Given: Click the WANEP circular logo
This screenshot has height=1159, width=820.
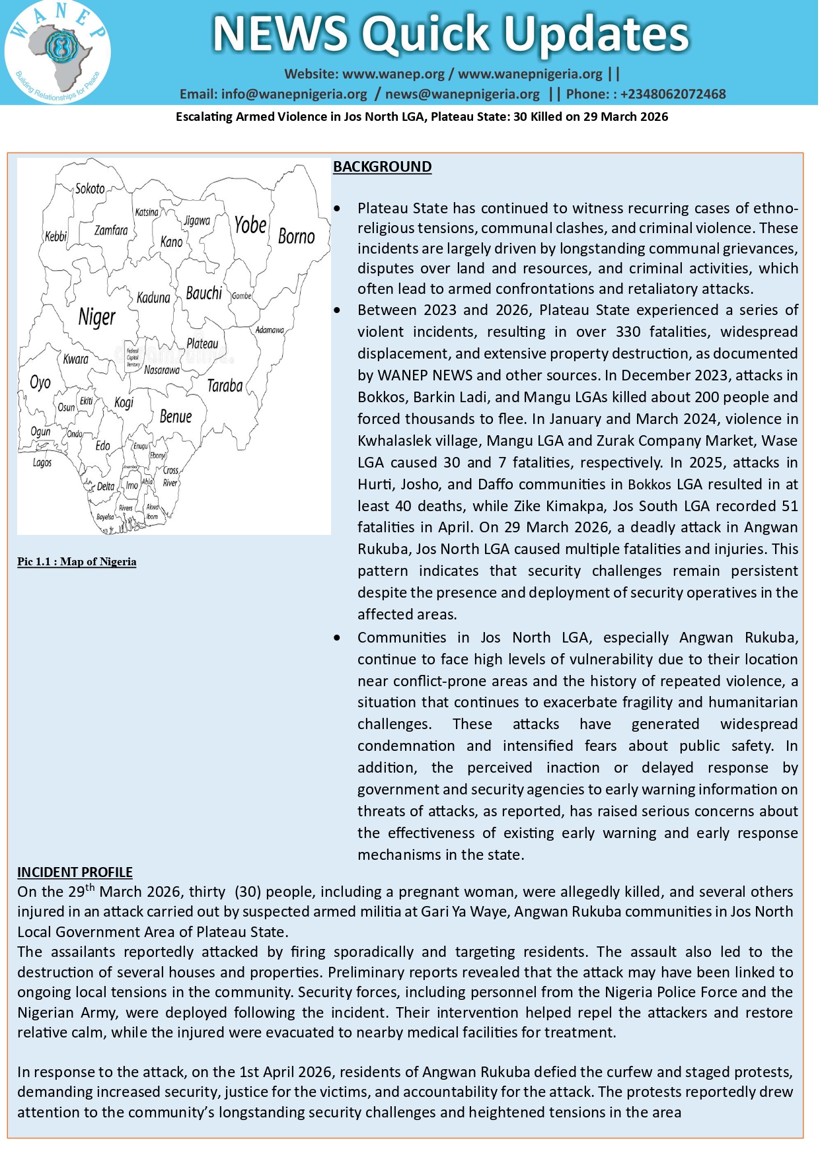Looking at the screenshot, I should click(x=57, y=52).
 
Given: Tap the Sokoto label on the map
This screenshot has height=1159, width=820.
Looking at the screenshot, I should click(x=90, y=189).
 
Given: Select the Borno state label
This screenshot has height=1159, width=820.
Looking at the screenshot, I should click(x=296, y=236).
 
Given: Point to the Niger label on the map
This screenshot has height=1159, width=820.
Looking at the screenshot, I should click(x=96, y=317).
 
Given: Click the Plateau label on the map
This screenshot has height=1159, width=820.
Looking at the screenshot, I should click(x=202, y=343).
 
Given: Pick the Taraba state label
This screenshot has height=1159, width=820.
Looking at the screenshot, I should click(x=225, y=386).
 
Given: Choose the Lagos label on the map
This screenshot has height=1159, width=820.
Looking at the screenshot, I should click(x=42, y=462).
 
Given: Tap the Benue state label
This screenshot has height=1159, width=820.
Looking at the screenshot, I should click(x=176, y=417).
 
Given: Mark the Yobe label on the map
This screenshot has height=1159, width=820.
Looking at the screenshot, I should click(x=250, y=225).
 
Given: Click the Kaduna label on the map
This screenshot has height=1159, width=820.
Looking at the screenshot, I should click(x=153, y=298).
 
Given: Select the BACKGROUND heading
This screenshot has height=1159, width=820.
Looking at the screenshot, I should click(x=382, y=167).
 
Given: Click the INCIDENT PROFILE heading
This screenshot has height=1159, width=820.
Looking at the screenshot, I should click(x=75, y=872).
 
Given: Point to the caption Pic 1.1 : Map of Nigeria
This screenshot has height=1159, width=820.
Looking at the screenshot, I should click(x=77, y=562).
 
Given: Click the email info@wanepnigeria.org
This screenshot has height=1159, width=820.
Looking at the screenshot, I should click(x=293, y=94).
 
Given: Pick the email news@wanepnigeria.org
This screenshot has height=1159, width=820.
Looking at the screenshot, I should click(x=463, y=94).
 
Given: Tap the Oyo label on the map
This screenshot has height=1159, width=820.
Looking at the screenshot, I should click(x=40, y=382).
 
